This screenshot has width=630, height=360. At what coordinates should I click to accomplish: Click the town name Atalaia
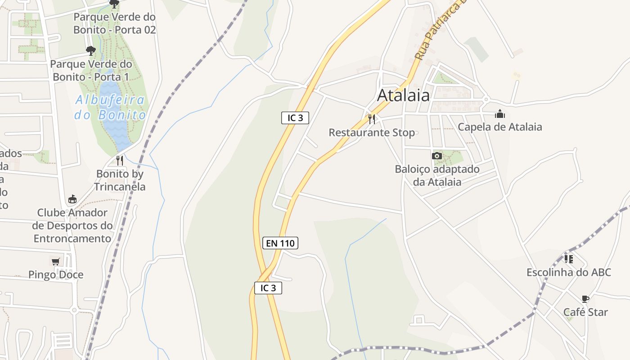coord(403,95)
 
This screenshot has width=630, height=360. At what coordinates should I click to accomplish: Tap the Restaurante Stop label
coord(372,133)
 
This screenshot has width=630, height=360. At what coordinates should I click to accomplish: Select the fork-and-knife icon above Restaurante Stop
coord(372,119)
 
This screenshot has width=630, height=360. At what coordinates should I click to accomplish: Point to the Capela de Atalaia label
coord(500,127)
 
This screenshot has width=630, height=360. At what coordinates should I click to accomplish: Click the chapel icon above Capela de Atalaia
coord(500,114)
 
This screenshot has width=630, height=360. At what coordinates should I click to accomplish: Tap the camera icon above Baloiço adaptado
coord(436,156)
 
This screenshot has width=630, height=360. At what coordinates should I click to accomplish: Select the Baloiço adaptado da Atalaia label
coord(437,175)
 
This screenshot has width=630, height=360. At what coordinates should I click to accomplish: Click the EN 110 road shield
coord(280,243)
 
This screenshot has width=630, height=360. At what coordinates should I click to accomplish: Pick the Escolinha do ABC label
coord(569,272)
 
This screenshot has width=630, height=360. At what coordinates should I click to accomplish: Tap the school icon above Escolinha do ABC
coord(569,259)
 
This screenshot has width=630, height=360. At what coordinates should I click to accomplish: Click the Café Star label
coord(585,312)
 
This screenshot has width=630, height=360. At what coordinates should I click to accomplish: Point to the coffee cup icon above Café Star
coord(585,299)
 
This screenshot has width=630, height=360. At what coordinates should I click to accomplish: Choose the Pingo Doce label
coord(56,274)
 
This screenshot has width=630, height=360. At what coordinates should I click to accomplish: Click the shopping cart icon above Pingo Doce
coord(56,261)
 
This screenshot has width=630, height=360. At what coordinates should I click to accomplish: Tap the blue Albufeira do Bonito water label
coord(110,107)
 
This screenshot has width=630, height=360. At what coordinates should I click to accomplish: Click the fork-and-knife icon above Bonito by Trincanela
coord(120,160)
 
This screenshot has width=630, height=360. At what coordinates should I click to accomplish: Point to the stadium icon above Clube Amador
coord(72,199)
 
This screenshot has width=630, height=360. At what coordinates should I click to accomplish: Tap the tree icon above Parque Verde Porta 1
coord(91,50)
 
